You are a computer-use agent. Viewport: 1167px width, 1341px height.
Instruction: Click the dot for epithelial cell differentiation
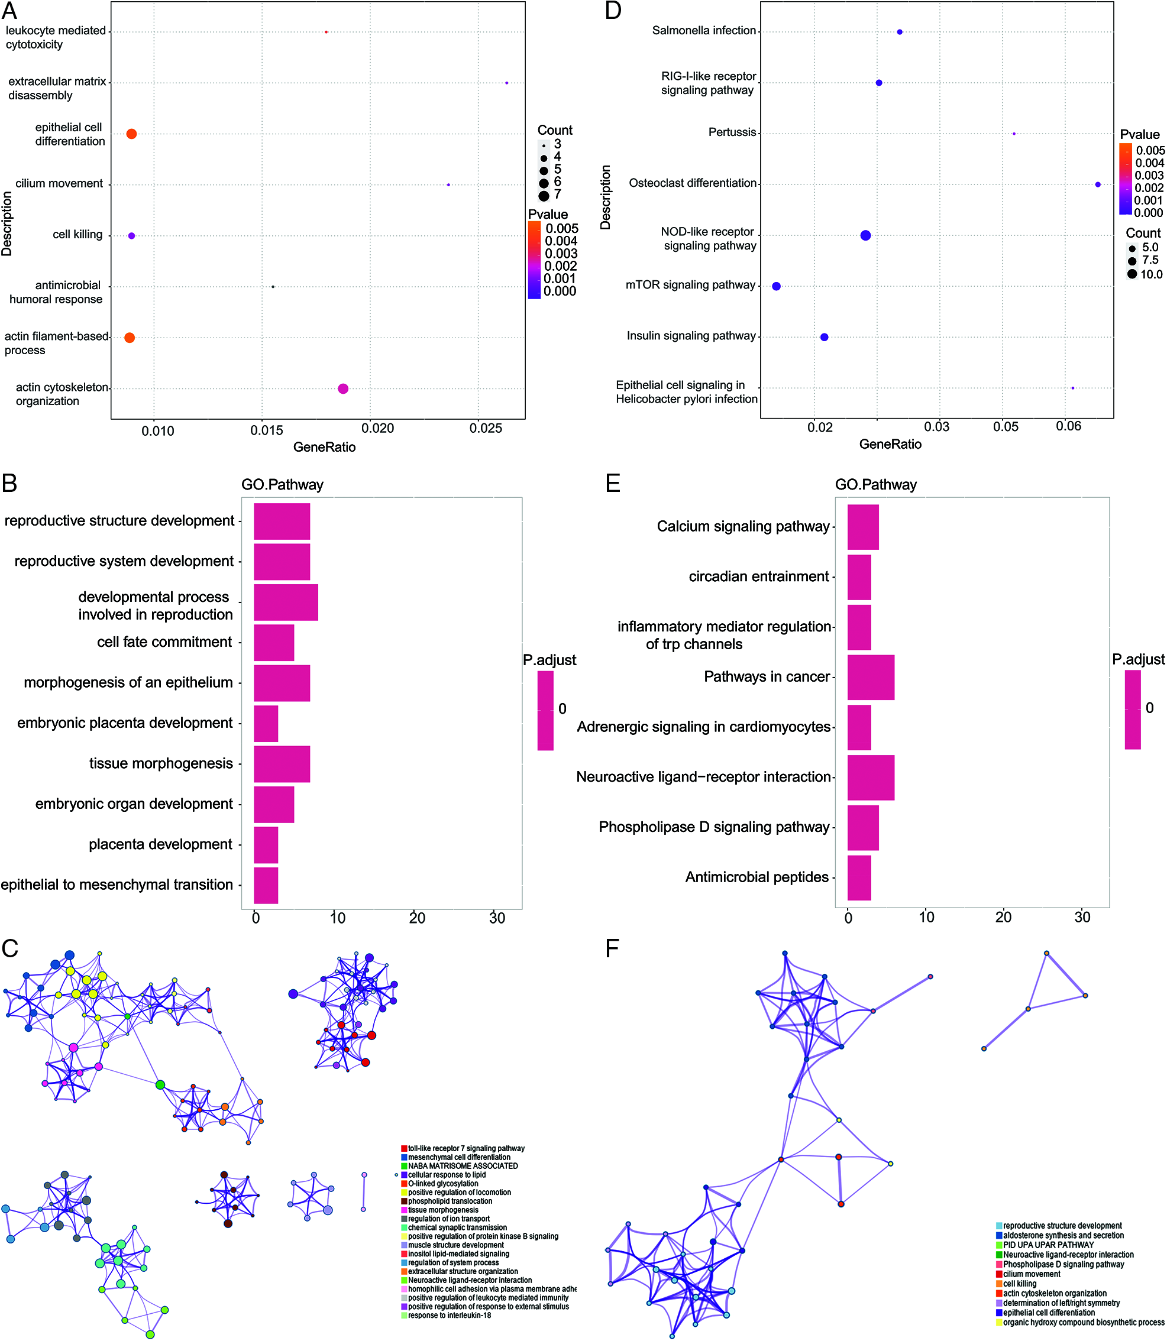click(x=131, y=134)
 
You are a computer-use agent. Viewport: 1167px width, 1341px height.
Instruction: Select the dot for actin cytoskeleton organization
click(x=343, y=388)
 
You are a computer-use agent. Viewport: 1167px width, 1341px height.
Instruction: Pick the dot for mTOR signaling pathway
click(x=776, y=286)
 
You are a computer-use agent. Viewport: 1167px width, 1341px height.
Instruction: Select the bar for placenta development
click(x=266, y=845)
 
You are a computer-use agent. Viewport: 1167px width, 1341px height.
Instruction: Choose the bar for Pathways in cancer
click(x=871, y=677)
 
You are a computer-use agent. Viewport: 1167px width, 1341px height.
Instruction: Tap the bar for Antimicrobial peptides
click(x=859, y=877)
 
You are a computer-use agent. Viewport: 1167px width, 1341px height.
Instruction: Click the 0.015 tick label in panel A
click(x=267, y=430)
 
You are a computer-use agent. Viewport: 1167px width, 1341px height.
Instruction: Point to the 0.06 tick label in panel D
click(x=1068, y=426)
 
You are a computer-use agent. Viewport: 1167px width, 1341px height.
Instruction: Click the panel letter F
click(x=612, y=948)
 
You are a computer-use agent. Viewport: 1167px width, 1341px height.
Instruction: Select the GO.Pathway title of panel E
click(x=875, y=484)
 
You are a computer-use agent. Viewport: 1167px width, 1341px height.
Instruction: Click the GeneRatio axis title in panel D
click(x=890, y=444)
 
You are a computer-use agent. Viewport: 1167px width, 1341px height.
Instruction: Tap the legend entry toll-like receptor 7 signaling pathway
click(x=465, y=1148)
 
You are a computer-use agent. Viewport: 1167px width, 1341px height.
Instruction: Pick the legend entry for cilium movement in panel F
click(x=1032, y=1274)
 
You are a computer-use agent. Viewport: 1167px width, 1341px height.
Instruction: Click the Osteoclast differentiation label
click(x=692, y=183)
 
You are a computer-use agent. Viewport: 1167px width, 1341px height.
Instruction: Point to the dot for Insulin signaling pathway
click(x=825, y=337)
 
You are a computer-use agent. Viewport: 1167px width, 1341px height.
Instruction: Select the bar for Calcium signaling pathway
click(x=863, y=527)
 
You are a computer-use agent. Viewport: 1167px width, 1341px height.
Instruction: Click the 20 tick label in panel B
click(x=417, y=918)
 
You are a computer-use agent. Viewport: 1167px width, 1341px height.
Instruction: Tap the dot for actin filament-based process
click(x=130, y=338)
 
